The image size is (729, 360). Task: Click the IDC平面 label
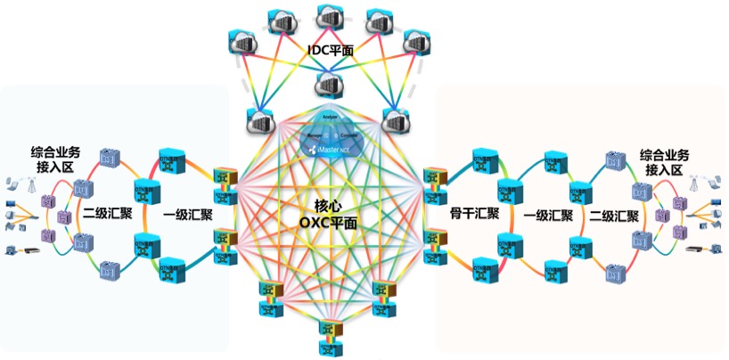(x=329, y=52)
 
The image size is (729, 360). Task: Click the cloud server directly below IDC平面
(x=328, y=86)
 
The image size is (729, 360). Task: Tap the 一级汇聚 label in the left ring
(x=188, y=215)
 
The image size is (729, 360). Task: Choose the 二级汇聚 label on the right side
(x=613, y=215)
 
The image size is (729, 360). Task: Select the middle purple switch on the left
(x=63, y=217)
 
